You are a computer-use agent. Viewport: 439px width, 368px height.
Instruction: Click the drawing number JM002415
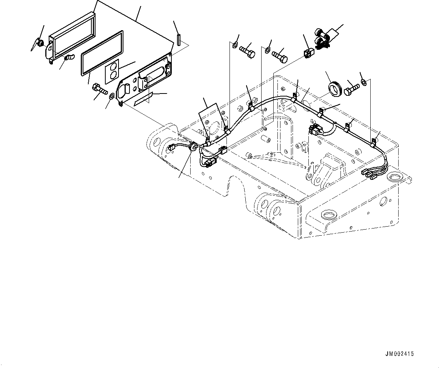coord(399,354)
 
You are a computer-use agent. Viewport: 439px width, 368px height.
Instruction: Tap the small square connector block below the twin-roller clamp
coord(308,54)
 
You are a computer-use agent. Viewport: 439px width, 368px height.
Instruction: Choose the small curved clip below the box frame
coord(69,58)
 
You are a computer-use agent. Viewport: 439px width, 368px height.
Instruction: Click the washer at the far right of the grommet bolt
coord(363,82)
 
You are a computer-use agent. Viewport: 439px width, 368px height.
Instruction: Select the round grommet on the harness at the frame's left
coord(192,147)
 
